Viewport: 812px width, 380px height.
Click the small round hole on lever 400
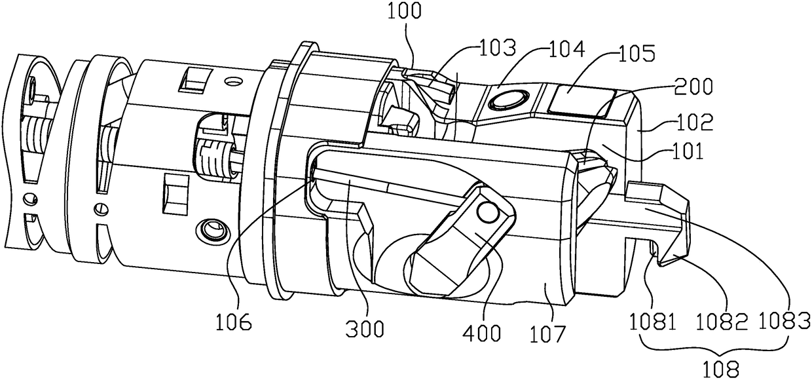(486, 212)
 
